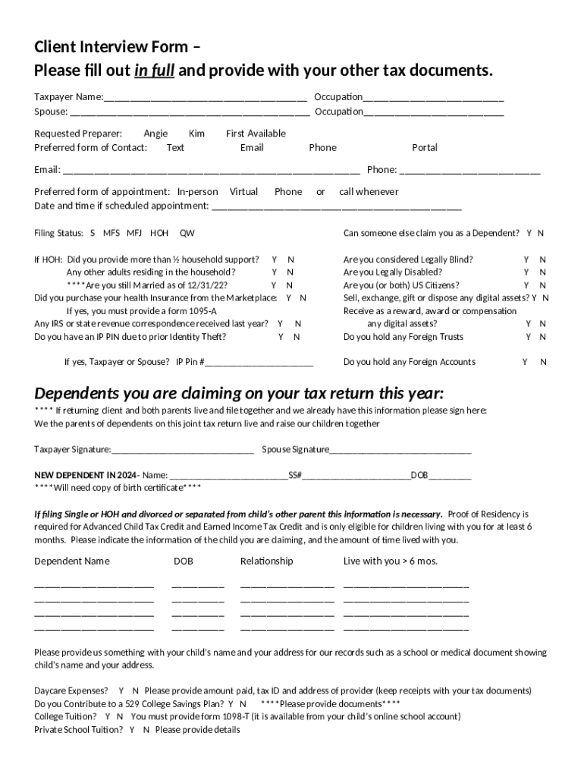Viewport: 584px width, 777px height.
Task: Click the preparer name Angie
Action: click(155, 134)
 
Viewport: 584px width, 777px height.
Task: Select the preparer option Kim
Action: click(196, 134)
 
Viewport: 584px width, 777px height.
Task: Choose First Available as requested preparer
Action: click(256, 134)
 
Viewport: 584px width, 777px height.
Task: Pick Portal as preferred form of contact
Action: click(425, 147)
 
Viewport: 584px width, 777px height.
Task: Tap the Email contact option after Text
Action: click(252, 147)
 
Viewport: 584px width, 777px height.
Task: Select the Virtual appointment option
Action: click(243, 192)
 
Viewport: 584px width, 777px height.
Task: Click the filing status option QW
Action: click(187, 234)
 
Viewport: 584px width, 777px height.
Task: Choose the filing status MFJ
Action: click(134, 234)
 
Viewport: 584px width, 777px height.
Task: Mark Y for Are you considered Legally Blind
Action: click(526, 260)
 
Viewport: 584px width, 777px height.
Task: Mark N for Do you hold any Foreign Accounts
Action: click(543, 362)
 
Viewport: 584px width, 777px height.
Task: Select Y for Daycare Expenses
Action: click(121, 691)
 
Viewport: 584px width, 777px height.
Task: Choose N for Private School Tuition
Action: click(146, 730)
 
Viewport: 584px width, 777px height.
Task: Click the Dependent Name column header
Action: click(72, 562)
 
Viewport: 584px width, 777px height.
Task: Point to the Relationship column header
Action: click(266, 562)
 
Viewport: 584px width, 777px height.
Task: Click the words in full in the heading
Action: click(155, 71)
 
